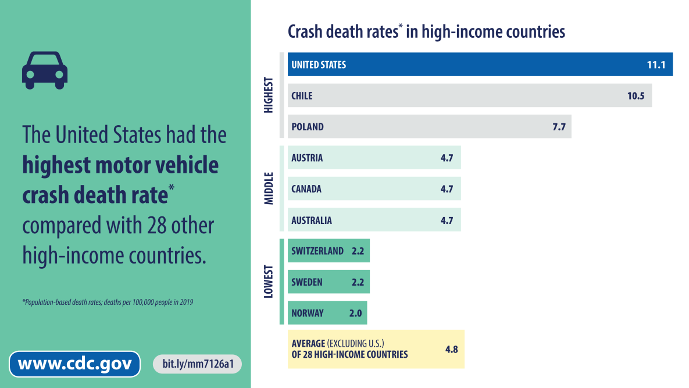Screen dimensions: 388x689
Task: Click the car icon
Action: pos(45,70)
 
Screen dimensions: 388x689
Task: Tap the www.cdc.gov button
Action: pos(74,364)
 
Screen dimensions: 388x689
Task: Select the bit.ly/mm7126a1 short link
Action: pos(198,364)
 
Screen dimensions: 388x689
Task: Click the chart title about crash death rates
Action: pos(426,31)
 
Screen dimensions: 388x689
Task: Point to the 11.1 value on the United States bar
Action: pos(655,65)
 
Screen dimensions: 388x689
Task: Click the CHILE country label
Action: pos(302,95)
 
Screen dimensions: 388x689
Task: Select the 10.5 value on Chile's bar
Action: pos(636,95)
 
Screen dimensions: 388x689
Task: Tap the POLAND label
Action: pos(308,127)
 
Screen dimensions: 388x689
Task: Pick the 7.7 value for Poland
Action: pos(559,127)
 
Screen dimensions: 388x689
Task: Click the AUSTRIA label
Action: pos(307,158)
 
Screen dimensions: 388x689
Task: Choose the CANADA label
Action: pos(306,189)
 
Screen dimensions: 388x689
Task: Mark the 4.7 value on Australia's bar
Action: pos(447,220)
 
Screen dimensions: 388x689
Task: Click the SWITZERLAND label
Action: pos(317,251)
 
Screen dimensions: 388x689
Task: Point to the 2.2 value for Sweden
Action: pos(357,282)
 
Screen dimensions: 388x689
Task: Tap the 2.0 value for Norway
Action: pos(355,313)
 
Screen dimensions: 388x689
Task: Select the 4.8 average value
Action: pos(451,350)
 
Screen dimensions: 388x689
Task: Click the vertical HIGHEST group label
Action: pos(269,95)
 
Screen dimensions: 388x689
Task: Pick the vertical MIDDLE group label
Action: pos(269,188)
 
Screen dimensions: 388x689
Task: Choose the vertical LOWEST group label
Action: pos(269,282)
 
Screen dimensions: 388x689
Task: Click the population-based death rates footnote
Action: pos(108,302)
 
